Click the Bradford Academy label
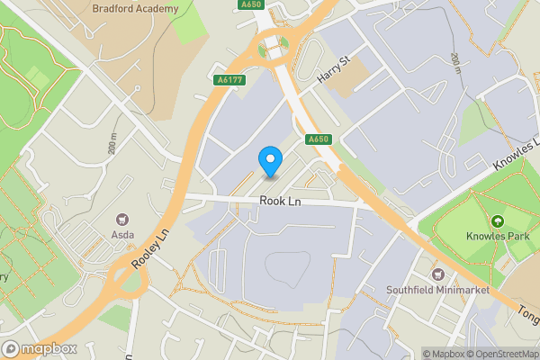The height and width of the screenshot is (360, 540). coord(135,8)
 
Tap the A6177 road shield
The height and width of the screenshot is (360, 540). coord(229,80)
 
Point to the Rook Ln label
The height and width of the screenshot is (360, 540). coord(279,202)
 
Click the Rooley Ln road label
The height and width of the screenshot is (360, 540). coord(149,252)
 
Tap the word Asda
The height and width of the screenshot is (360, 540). coord(122,235)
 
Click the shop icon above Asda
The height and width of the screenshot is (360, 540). coord(122,219)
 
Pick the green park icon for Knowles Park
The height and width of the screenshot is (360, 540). coord(496,221)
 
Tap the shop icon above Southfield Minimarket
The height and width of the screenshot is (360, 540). coord(438,274)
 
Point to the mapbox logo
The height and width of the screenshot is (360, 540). coord(39,348)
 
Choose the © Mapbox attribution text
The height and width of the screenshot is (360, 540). coord(442,354)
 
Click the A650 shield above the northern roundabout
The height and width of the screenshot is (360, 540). coord(253,5)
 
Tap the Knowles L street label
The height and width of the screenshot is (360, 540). coord(517,156)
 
